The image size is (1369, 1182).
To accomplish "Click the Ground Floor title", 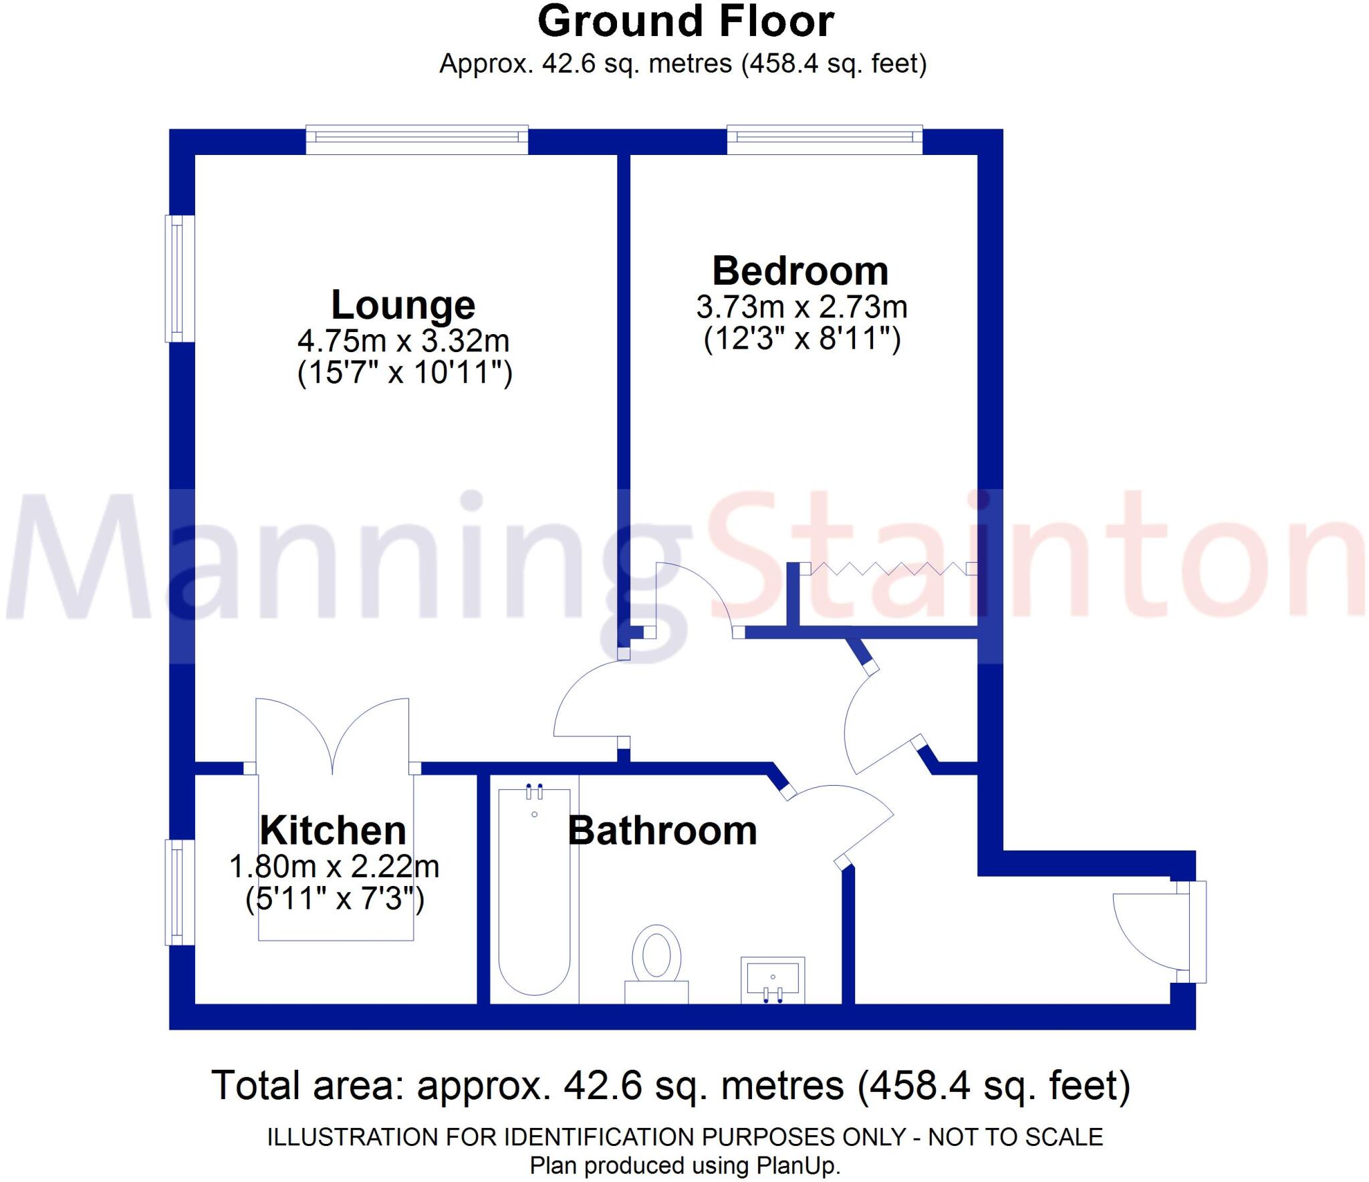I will coord(685,22).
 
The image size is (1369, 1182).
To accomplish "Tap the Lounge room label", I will coord(403,305).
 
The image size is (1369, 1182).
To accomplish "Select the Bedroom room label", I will coord(800,271).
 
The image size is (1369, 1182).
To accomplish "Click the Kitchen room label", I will coord(333,831).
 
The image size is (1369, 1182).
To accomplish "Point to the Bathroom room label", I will coord(662,831).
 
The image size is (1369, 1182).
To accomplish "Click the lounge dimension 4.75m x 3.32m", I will coord(403,341).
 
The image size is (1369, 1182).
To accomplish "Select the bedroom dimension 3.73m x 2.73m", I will coord(801,307).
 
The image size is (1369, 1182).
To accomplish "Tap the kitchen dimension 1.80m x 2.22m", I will coord(334,867).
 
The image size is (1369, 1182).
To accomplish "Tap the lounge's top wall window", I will coord(417,139).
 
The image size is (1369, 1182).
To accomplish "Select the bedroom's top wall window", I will coord(825,139).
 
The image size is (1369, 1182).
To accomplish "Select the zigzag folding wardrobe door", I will coord(889,569).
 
